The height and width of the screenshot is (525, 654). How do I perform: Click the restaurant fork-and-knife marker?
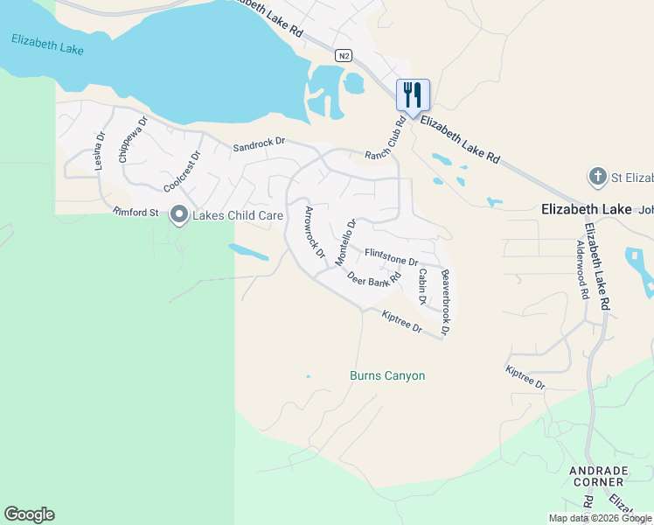(x=413, y=94)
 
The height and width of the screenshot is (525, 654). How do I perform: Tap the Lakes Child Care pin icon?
(x=179, y=213)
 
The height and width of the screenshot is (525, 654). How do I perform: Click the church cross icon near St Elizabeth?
(x=598, y=178)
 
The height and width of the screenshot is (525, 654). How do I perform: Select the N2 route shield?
(x=344, y=56)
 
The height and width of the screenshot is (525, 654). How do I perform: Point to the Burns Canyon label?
(x=387, y=376)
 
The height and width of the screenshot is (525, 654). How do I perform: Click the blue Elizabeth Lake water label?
(x=48, y=45)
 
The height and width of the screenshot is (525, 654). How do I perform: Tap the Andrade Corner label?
(x=597, y=476)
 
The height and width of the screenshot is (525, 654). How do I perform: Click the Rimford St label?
(x=136, y=212)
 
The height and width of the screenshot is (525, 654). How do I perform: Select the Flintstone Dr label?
(x=392, y=256)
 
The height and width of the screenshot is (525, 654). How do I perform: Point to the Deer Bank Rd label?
(x=373, y=278)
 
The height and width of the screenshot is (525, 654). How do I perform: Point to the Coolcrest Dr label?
(x=182, y=171)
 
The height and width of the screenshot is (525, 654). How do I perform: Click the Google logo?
(x=29, y=514)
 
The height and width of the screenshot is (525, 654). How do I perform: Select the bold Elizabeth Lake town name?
(x=585, y=209)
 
